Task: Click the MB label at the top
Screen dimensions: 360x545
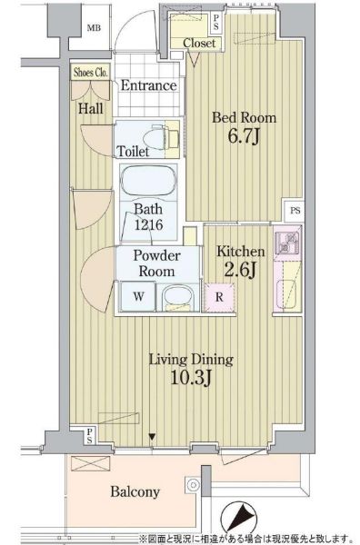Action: (94, 27)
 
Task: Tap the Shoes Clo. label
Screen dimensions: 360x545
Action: (91, 73)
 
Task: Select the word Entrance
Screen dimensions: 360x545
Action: (148, 85)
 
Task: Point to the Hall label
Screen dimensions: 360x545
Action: (90, 108)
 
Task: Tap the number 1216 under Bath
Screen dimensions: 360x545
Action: (148, 225)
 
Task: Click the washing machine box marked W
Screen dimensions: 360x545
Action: (138, 296)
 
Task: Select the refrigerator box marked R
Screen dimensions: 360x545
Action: (219, 297)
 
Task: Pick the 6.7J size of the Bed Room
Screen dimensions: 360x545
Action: (244, 136)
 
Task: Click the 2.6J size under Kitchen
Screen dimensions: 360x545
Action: (241, 270)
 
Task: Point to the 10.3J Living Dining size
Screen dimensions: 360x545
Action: (191, 378)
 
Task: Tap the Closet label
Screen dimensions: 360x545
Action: (199, 43)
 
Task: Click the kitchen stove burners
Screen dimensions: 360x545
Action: (286, 242)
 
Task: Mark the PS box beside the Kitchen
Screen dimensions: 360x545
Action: (295, 211)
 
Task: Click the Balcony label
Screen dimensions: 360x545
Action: (135, 492)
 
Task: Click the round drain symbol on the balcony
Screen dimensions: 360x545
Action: (193, 485)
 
